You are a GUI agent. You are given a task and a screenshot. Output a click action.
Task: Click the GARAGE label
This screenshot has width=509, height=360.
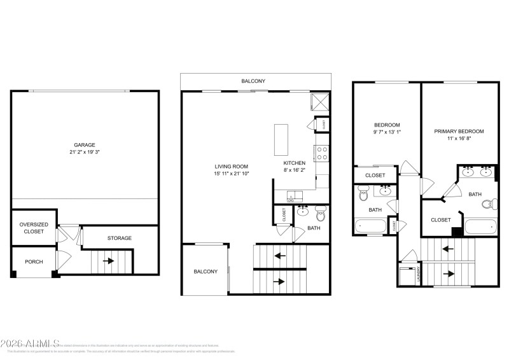point(85,144)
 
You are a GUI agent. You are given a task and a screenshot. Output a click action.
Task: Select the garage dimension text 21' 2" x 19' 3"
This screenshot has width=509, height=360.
point(85,153)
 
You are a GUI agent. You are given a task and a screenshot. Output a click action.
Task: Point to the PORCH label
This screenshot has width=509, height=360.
point(34,261)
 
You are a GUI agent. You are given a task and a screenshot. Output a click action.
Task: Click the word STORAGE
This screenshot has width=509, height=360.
point(119,238)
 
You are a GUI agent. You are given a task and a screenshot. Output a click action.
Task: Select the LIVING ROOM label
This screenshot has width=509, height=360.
point(232,166)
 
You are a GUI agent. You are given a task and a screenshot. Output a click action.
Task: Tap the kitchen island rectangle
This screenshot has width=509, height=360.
point(281,139)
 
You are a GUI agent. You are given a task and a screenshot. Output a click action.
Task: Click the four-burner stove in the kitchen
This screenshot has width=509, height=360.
point(322,153)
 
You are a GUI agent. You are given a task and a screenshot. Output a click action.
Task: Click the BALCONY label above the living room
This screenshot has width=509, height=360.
point(253,81)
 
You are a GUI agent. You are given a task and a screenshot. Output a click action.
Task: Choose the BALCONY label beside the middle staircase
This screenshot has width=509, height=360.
point(206,272)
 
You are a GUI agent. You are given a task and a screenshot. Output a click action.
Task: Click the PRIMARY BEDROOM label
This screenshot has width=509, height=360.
point(459,131)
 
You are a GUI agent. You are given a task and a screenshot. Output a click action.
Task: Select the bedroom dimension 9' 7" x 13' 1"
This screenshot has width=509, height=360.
point(387,132)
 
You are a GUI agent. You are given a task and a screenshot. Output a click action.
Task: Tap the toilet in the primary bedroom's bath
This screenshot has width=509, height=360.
point(489,204)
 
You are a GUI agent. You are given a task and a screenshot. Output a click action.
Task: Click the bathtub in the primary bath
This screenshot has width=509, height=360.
point(481,227)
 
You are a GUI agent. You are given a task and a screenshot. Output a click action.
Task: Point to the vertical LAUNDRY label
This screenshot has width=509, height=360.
point(419,274)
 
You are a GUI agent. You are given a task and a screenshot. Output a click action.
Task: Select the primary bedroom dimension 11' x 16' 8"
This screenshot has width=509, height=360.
point(459,140)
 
